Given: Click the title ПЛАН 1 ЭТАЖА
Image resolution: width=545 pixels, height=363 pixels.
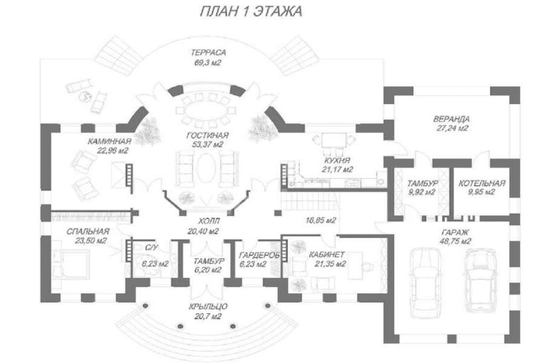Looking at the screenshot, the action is (x=251, y=11).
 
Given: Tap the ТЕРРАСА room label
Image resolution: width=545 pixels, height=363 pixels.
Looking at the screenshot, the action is (x=208, y=53).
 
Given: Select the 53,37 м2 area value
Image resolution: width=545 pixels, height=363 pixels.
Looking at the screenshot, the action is (x=208, y=145).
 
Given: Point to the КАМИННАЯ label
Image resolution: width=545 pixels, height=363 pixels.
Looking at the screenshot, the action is (x=110, y=142).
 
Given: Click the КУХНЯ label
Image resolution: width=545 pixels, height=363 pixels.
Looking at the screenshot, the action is (x=337, y=160).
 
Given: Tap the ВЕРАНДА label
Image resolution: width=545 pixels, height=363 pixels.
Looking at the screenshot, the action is (x=452, y=119).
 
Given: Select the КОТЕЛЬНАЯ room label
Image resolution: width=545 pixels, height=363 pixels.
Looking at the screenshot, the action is (x=482, y=183).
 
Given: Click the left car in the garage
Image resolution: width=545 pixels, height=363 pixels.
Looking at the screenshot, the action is (x=426, y=283).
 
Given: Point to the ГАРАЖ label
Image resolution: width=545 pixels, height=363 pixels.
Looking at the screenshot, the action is (x=455, y=232).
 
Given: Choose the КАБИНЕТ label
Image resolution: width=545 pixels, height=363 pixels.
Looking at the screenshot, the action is (x=327, y=255).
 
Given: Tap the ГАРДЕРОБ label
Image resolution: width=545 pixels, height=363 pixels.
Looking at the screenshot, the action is (x=259, y=255).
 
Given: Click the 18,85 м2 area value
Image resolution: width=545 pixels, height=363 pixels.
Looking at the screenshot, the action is (x=321, y=220).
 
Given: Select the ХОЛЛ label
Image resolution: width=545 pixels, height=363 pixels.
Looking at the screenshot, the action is (x=208, y=221).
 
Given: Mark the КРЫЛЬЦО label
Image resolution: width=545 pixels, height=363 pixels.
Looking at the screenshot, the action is (x=208, y=307).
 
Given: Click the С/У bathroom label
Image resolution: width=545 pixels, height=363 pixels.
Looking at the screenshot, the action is (x=151, y=247).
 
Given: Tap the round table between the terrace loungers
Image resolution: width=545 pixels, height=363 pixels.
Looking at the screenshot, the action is (x=85, y=96).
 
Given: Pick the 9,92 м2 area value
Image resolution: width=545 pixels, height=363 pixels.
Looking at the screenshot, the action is (x=422, y=192).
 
